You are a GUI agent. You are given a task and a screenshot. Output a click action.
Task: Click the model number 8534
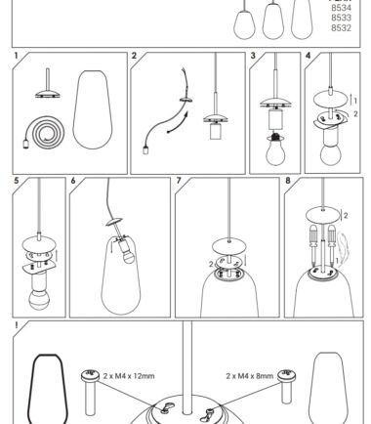341,8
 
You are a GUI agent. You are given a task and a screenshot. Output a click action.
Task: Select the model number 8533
341,18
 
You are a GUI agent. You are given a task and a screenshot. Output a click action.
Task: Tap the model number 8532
341,28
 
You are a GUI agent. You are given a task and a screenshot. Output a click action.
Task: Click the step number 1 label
16,56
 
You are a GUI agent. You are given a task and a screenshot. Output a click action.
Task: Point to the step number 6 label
73,181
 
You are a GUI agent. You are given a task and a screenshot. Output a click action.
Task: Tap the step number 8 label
288,181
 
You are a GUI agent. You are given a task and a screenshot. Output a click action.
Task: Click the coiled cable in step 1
44,133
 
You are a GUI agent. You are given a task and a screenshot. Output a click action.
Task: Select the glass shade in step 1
93,109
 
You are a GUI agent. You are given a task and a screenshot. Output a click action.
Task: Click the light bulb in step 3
275,150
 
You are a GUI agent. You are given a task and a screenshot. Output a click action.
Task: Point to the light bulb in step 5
39,299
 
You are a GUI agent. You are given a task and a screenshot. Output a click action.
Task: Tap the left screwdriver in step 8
313,244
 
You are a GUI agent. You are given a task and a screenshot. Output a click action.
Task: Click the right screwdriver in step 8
332,244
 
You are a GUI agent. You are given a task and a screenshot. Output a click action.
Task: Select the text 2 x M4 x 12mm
129,376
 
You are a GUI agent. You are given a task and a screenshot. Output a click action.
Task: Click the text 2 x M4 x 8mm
250,376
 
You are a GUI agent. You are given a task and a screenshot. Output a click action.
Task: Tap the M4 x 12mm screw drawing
90,393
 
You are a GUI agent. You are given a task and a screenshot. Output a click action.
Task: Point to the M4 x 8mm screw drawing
286,387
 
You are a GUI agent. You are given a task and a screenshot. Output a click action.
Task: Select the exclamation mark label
16,325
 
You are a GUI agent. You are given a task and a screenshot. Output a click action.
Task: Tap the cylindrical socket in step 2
215,132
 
